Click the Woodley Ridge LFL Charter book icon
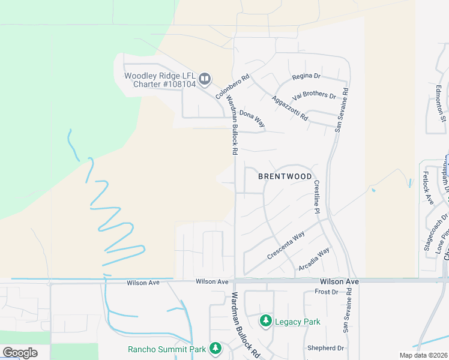click(205, 79)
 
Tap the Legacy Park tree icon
click(265, 322)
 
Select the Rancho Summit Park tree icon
click(215, 349)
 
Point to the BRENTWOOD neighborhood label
click(285, 176)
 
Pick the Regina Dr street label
click(306, 76)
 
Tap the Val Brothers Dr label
click(314, 95)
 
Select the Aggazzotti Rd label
click(289, 108)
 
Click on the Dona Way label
click(252, 118)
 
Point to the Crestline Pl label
click(316, 195)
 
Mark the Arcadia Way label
click(314, 260)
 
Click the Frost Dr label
click(327, 292)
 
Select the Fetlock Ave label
click(427, 188)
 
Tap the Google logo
click(20, 353)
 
